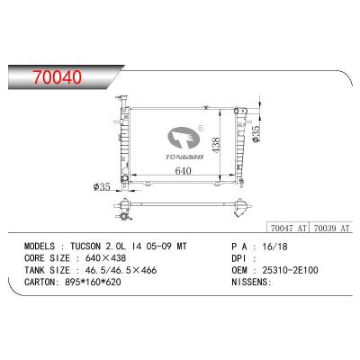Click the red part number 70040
pos(58,76)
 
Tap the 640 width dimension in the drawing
pos(183,171)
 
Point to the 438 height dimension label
pos(216,144)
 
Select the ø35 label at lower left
pos(102,187)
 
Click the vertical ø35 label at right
pos(256,134)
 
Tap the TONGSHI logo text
pos(184,157)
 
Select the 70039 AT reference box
pos(331,228)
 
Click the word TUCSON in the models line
pos(85,247)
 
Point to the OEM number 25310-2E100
pos(290,270)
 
